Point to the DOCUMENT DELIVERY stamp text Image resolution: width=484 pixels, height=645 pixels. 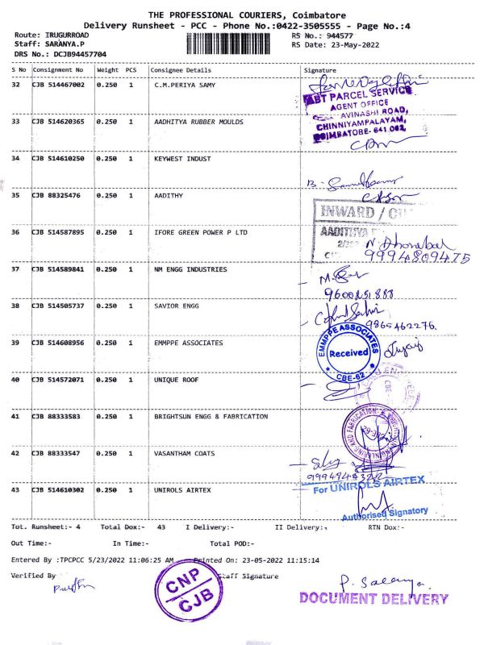(x=373, y=598)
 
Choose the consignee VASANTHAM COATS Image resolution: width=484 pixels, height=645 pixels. (x=185, y=453)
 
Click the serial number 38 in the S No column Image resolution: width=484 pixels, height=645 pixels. (x=15, y=306)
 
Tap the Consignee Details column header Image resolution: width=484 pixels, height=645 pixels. (x=182, y=70)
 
